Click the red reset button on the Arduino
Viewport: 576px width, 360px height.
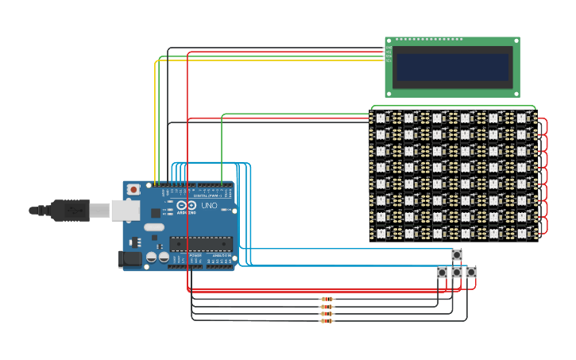point(133,189)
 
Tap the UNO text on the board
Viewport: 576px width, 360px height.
point(209,205)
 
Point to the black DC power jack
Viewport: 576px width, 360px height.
point(129,258)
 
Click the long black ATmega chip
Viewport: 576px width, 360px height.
point(201,244)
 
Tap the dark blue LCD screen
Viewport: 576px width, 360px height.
point(452,67)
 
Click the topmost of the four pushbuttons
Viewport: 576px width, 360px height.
point(457,255)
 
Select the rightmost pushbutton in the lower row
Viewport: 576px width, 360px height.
point(471,273)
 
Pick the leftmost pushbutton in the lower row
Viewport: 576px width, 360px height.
point(442,273)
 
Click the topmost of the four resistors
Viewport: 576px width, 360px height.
point(327,300)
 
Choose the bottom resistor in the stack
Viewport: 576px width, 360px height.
point(327,321)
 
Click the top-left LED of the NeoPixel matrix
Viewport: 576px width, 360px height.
point(380,118)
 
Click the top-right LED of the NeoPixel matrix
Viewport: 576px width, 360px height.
point(522,118)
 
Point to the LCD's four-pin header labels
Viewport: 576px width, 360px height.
point(389,53)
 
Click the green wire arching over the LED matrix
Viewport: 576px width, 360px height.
point(453,106)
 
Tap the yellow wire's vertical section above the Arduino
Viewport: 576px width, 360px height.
point(155,119)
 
